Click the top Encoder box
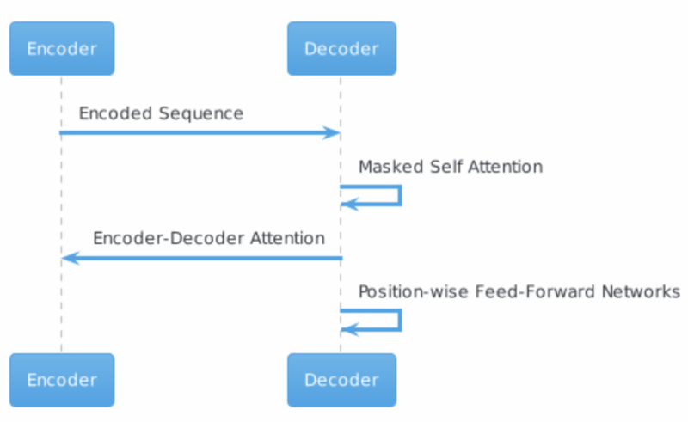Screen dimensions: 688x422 click(62, 48)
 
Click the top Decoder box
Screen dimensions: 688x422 click(341, 48)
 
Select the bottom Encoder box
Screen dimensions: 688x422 click(62, 380)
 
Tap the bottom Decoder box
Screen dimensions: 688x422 click(341, 380)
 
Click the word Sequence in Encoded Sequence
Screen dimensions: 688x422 click(201, 114)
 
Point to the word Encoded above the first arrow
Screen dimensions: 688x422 click(116, 113)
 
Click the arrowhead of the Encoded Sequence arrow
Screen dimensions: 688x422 click(331, 132)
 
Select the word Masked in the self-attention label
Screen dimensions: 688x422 click(391, 167)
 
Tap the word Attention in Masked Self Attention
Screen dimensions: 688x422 click(505, 167)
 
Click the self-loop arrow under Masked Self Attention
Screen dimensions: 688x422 click(400, 195)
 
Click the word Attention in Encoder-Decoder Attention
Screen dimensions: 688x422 click(287, 238)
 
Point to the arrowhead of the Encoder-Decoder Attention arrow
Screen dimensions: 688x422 click(71, 258)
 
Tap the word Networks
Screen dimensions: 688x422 click(641, 291)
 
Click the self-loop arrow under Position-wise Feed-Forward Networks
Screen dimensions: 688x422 click(400, 320)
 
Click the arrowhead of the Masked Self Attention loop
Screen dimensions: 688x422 click(350, 204)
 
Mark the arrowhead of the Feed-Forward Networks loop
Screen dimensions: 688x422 click(350, 329)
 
